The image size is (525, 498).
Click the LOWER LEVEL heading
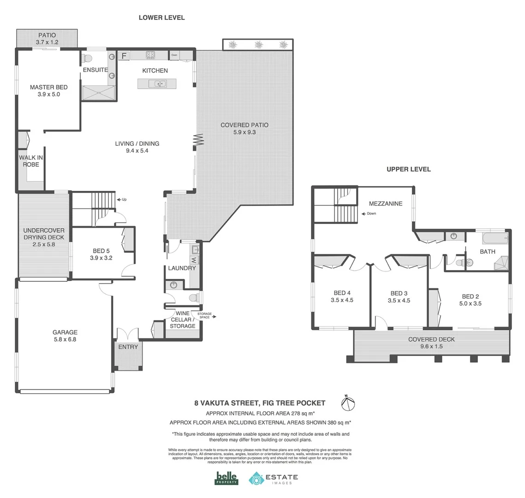pos(161,18)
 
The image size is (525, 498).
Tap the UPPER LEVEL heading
pos(408,169)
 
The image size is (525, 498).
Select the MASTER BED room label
pos(48,87)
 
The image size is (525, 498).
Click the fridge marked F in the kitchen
pos(124,56)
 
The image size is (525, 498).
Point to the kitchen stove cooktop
pos(150,55)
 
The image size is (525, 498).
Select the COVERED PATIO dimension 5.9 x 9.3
pos(244,132)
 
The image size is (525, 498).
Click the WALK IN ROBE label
pos(31,160)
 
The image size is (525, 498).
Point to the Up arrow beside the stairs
pos(122,200)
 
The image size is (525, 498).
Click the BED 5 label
pos(101,251)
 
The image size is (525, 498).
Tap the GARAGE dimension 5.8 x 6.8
pos(65,339)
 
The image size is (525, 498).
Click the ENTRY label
pos(128,347)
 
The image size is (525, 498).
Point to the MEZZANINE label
pos(385,203)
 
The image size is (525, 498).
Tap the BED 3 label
pos(399,293)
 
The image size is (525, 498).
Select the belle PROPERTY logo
pos(227,478)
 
